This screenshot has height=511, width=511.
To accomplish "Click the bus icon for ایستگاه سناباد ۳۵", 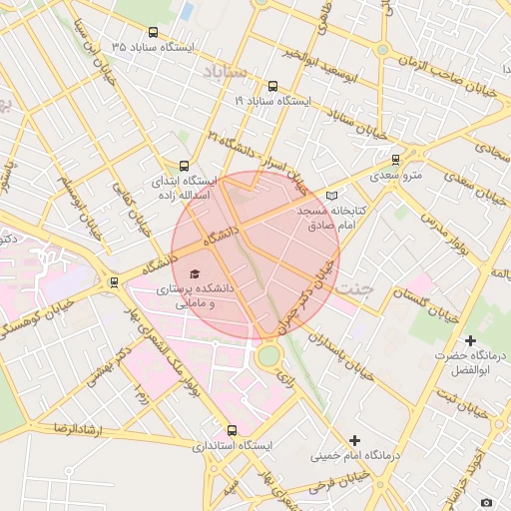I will pos(152,33).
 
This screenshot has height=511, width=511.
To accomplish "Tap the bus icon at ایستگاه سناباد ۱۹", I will pos(274,87).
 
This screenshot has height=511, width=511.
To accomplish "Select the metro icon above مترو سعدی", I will pos(395,159).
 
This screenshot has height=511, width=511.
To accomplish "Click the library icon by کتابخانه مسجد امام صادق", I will pos(332,197).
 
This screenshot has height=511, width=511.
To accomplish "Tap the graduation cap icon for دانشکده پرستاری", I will pos(194,273).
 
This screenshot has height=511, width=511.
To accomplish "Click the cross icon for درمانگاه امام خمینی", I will pos(354,440).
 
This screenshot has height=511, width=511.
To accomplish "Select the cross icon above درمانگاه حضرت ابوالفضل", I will pos(470,340).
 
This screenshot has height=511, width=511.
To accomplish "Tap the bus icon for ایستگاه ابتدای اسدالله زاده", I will pos(183,167).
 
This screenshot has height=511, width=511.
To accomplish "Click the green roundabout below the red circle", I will pos(267,355).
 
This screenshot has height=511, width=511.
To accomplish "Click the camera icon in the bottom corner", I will pos(486,502).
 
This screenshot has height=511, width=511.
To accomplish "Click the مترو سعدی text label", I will pos(397,176).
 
